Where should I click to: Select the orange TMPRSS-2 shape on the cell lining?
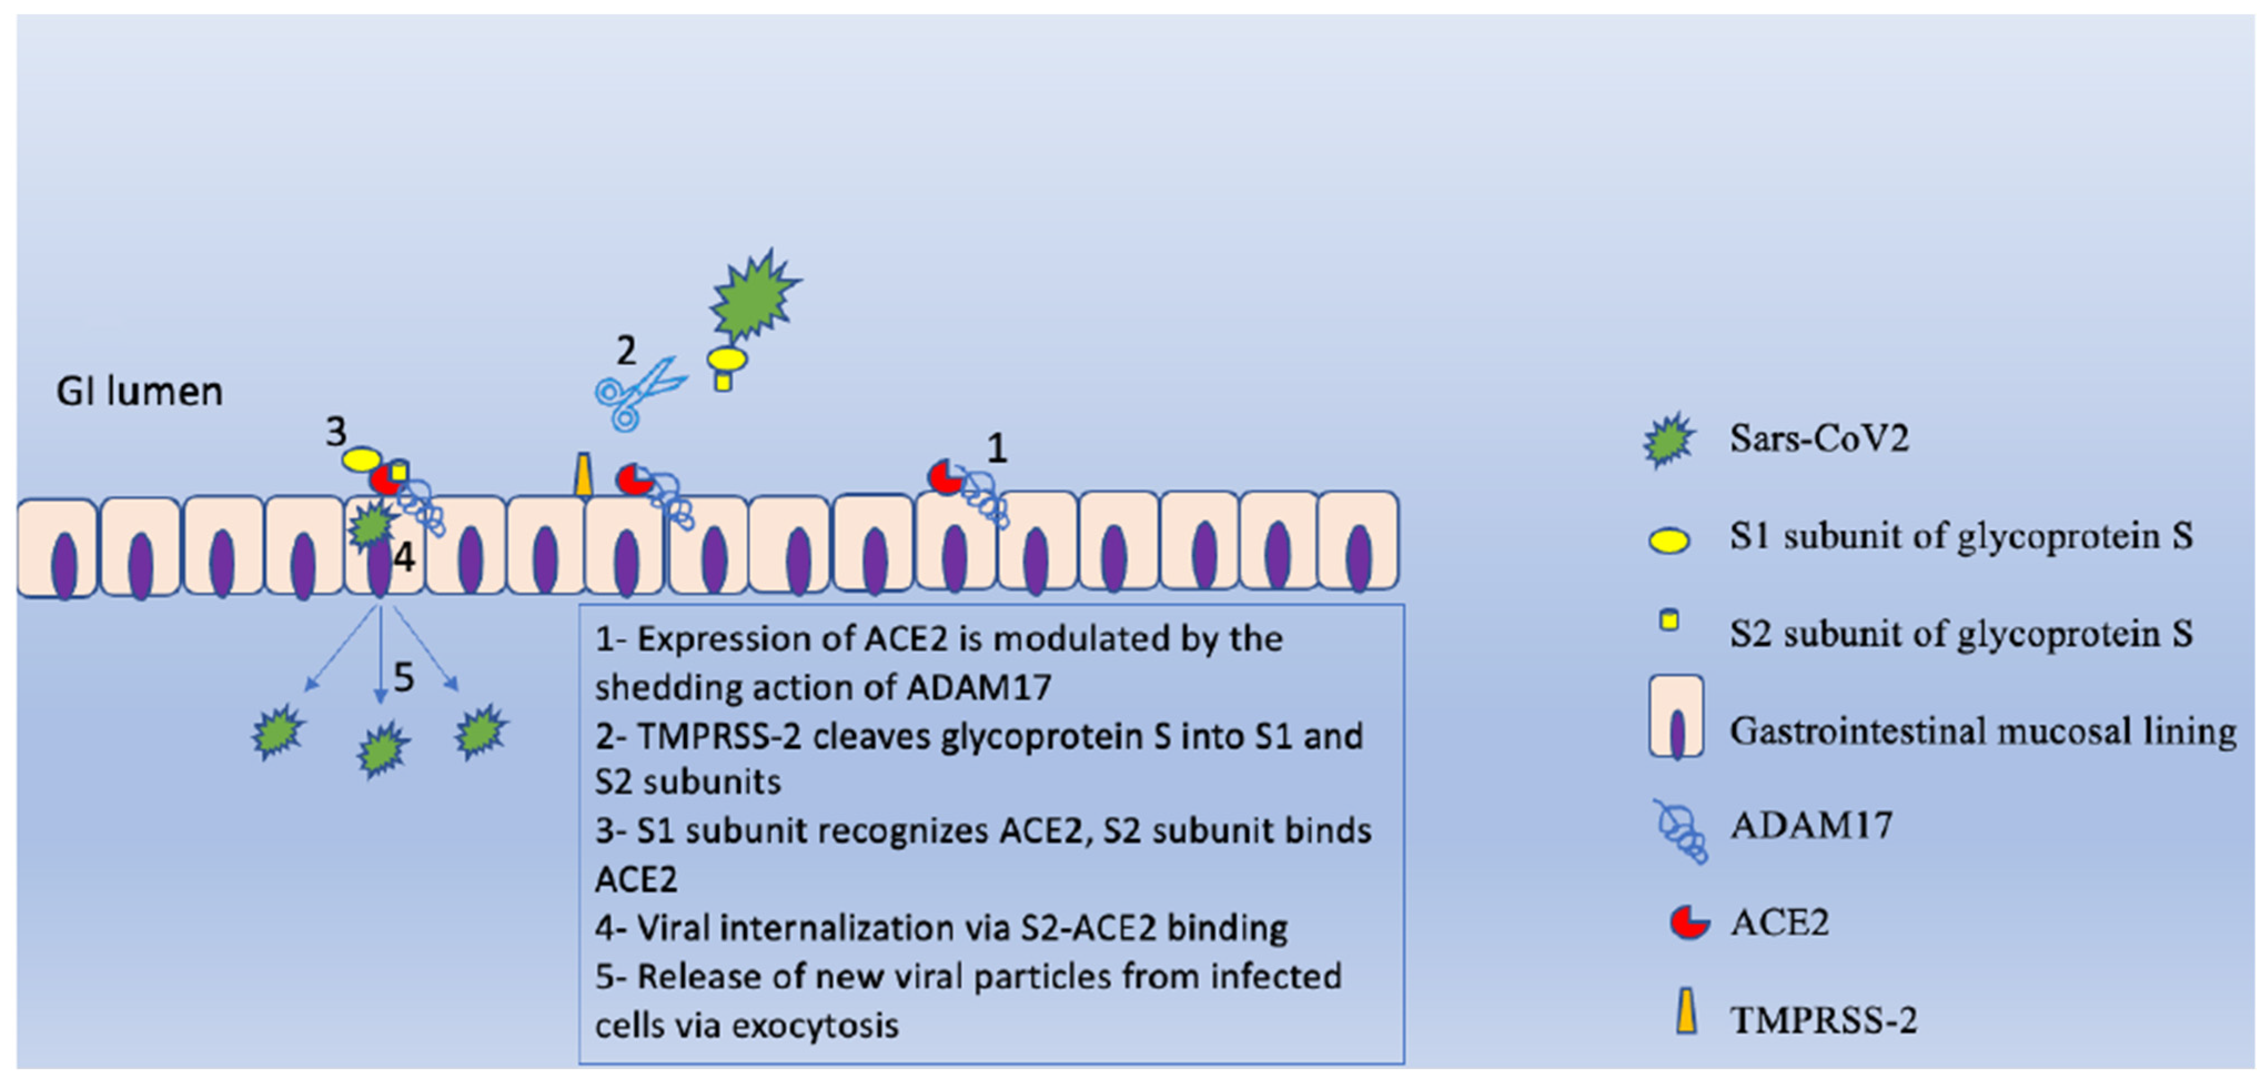pyautogui.click(x=583, y=475)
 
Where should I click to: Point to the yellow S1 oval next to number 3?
pyautogui.click(x=361, y=458)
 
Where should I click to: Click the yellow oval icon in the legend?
pyautogui.click(x=1669, y=539)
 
